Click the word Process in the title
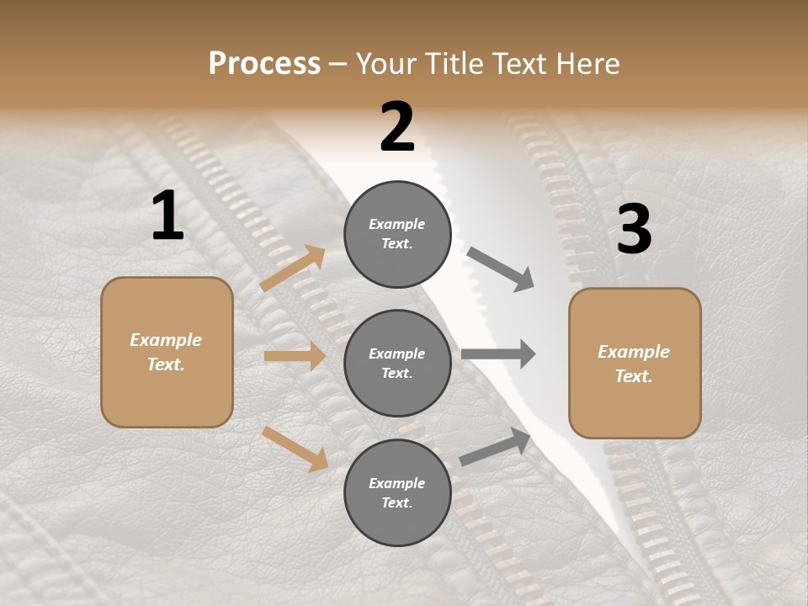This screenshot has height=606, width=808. pyautogui.click(x=264, y=63)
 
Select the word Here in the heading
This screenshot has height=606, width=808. pyautogui.click(x=585, y=63)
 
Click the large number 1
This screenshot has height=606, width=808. pyautogui.click(x=167, y=216)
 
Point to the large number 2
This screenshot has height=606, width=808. pyautogui.click(x=397, y=127)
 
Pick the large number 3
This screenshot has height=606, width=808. pyautogui.click(x=634, y=230)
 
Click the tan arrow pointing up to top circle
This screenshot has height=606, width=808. pyautogui.click(x=292, y=268)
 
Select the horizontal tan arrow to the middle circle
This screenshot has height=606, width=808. pyautogui.click(x=295, y=356)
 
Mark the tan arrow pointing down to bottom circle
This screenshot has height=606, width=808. pyautogui.click(x=295, y=448)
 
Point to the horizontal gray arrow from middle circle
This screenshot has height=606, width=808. pyautogui.click(x=498, y=354)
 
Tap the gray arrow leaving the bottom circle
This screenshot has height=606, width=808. pyautogui.click(x=496, y=447)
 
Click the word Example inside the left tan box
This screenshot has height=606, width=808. pyautogui.click(x=166, y=340)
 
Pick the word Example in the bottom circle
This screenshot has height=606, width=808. pyautogui.click(x=397, y=483)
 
